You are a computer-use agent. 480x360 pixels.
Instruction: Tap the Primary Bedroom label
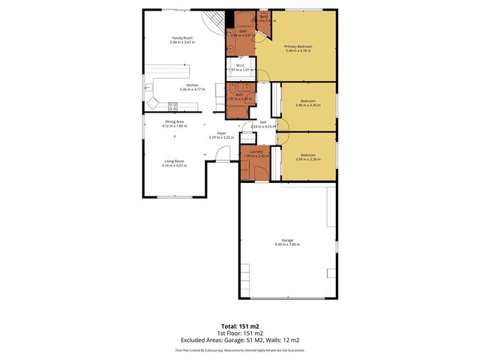click(x=298, y=46)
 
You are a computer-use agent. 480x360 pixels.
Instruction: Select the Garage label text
click(x=287, y=240)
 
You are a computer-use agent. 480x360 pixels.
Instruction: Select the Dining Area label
click(x=175, y=121)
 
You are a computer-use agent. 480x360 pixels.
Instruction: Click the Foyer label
click(x=221, y=133)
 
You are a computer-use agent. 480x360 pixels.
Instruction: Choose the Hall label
click(x=263, y=123)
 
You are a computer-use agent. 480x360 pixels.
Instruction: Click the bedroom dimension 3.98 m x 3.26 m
click(x=308, y=159)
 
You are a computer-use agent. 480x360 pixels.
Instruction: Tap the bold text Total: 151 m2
click(x=240, y=326)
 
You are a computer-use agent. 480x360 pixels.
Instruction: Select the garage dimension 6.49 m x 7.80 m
click(x=287, y=244)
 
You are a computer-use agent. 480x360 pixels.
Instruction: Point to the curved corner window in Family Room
click(x=216, y=22)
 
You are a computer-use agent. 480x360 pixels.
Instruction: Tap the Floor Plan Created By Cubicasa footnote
click(x=240, y=349)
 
